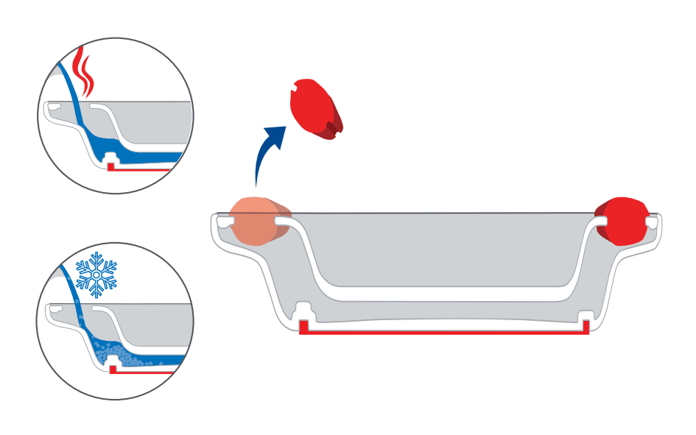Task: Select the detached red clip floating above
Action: tap(317, 110)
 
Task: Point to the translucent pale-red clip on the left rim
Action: tap(256, 222)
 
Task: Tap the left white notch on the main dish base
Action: tap(303, 311)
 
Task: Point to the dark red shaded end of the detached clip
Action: tap(335, 128)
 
